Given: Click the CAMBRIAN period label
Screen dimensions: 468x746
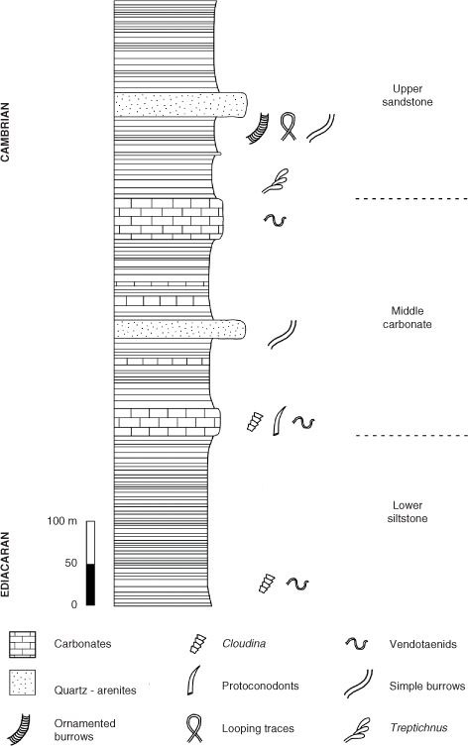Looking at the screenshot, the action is point(5,132).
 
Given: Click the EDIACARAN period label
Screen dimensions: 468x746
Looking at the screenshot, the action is point(5,564).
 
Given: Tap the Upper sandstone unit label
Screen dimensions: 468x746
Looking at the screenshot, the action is point(408,95).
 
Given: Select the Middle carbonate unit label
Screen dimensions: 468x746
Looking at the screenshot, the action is point(408,317).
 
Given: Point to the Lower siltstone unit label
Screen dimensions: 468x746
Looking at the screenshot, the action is point(408,512).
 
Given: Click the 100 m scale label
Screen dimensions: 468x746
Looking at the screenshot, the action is point(61,521).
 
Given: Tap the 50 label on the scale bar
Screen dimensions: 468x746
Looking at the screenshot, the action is point(71,563).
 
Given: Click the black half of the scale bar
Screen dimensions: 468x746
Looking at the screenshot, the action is point(90,585).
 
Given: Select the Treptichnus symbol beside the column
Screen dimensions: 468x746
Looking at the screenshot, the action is point(276,181).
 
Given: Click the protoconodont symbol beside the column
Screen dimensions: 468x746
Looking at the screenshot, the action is point(279,421).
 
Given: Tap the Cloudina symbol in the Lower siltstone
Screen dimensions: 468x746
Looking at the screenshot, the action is point(267,584).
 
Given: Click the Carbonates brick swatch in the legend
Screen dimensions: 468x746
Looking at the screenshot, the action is point(23,644).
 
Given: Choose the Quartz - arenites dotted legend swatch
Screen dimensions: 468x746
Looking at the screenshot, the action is point(23,684).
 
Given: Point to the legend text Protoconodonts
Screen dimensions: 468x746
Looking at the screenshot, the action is point(261,686).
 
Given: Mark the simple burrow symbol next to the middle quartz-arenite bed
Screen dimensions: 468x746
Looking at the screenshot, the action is point(282,335).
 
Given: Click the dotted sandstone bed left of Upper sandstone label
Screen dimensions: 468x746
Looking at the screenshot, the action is point(180,105).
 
